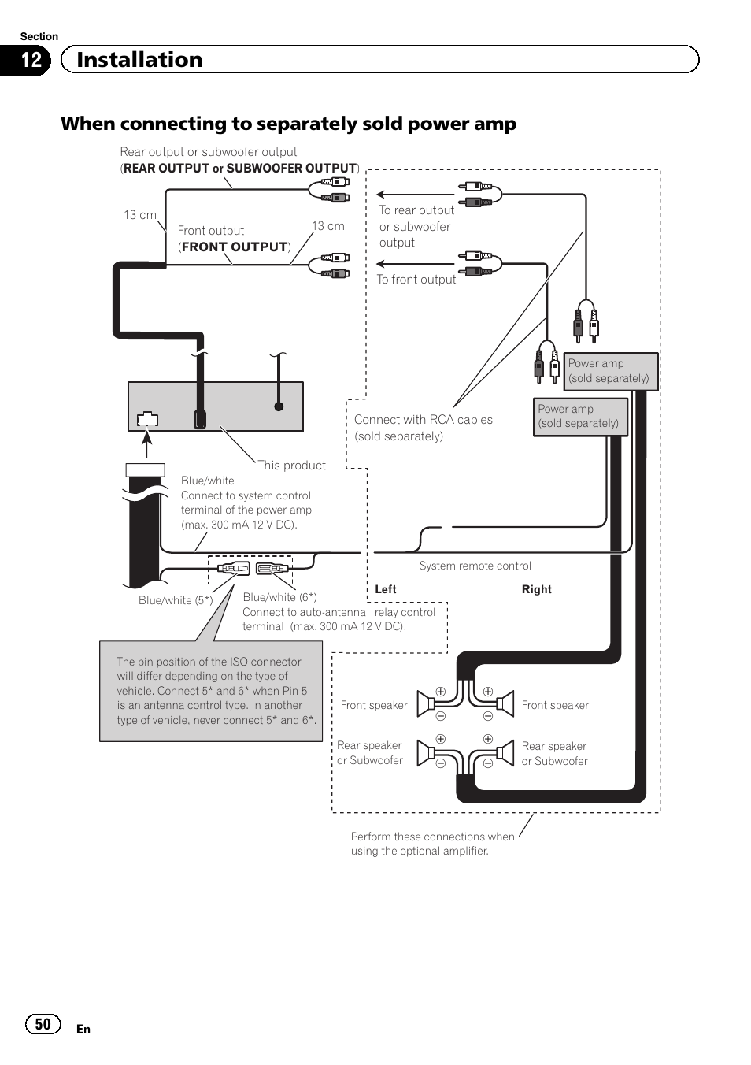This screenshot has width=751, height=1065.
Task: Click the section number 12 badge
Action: (30, 60)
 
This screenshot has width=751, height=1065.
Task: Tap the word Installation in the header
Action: (139, 60)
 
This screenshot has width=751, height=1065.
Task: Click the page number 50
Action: (43, 1024)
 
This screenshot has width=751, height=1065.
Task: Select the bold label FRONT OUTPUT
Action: (235, 247)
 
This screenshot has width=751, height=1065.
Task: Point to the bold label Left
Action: (386, 589)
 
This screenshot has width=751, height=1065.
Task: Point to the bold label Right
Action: (536, 589)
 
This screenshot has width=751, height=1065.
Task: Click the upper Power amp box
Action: (611, 371)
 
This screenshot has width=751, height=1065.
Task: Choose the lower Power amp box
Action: (580, 416)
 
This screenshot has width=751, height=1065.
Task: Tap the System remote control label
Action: (475, 566)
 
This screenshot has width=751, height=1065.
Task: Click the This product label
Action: (291, 466)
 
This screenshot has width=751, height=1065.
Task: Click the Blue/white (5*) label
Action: (176, 600)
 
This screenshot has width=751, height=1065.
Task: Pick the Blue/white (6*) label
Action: (279, 597)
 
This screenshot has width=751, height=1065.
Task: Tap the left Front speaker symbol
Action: (427, 703)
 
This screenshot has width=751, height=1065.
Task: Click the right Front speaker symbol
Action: (503, 703)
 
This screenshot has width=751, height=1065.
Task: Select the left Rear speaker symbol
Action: (427, 752)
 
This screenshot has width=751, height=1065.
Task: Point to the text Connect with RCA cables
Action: (423, 420)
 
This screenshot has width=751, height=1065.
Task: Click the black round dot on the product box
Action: (279, 406)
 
